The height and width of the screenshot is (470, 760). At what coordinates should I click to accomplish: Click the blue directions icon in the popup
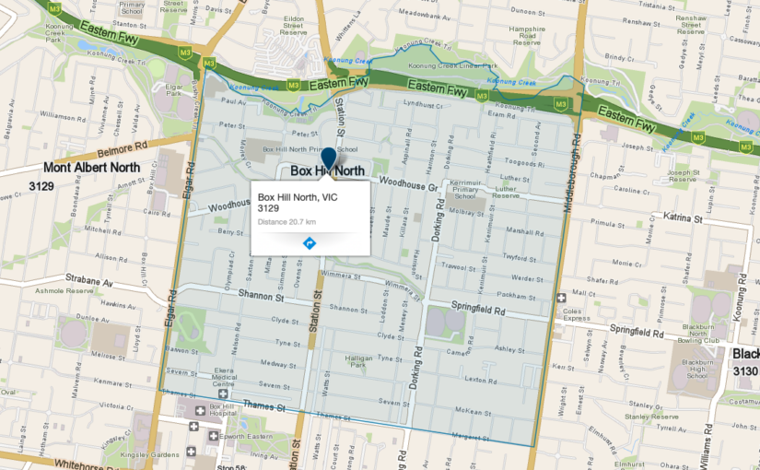(310, 243)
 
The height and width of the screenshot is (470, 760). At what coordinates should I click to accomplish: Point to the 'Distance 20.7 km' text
(286, 222)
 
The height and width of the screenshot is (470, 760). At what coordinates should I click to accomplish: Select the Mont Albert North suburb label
(92, 168)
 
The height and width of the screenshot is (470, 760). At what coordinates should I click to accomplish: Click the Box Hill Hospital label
(222, 412)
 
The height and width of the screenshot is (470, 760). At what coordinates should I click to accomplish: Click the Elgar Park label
(174, 93)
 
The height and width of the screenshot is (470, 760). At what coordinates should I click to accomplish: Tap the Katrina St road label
(683, 217)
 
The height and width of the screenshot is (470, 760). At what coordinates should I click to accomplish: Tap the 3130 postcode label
(745, 370)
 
